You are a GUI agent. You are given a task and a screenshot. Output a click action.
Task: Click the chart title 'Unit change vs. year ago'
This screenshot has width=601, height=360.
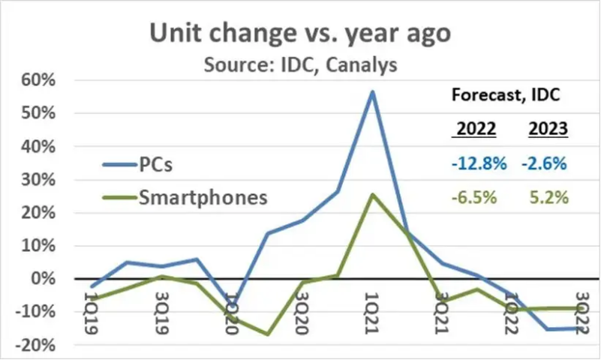click(299, 33)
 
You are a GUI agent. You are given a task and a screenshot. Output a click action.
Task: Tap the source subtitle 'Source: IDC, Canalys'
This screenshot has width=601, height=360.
click(300, 65)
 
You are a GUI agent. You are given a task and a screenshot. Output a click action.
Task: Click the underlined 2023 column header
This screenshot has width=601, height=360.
click(548, 129)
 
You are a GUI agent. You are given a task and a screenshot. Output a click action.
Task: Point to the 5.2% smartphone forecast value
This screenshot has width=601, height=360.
click(549, 198)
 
